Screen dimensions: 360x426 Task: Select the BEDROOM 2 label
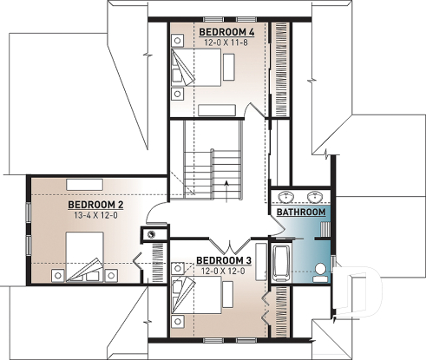pos(96,205)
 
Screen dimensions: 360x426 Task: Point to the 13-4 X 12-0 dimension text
pos(96,215)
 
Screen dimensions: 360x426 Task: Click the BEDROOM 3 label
pos(223,260)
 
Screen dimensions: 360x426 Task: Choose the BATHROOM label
pos(301,213)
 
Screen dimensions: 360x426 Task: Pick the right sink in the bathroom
pos(313,194)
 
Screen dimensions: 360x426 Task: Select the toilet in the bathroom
pos(318,271)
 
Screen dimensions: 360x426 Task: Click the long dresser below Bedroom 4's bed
pos(223,110)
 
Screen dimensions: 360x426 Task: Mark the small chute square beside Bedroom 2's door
pos(152,234)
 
